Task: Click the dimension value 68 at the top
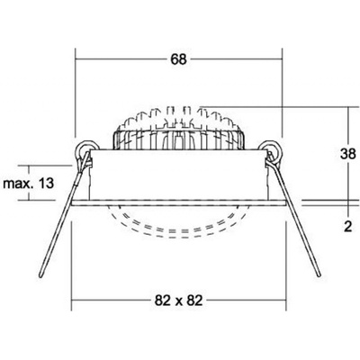(178, 59)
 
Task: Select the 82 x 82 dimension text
(178, 301)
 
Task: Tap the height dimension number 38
(348, 154)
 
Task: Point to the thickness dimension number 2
(348, 227)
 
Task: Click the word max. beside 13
(17, 184)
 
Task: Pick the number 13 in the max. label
(46, 183)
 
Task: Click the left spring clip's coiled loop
(86, 149)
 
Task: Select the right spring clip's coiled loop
(271, 149)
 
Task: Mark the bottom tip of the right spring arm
(319, 274)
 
